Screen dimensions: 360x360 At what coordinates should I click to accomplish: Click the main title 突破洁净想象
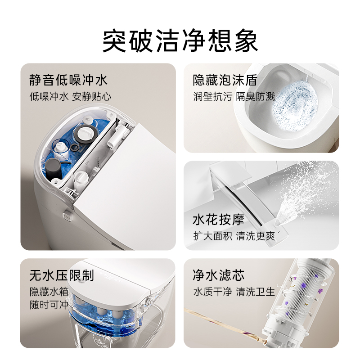point(180,41)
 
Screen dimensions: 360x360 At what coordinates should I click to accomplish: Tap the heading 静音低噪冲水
point(68,80)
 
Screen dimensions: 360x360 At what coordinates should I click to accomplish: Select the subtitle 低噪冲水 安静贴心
point(70,96)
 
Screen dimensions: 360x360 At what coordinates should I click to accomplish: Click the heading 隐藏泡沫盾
point(225,80)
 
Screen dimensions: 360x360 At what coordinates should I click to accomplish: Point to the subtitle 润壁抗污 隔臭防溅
point(234,96)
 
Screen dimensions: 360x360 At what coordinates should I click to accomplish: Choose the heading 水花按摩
point(218,220)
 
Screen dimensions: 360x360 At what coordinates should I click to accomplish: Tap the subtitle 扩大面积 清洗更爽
point(234,236)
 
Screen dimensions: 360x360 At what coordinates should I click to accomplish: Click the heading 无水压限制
point(62,275)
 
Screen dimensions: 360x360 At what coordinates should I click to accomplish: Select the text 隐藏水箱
point(49,292)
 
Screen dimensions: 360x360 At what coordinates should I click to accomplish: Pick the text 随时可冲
point(49,305)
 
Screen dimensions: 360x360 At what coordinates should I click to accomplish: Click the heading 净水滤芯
point(218,275)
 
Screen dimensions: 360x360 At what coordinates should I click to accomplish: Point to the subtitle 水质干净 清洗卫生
point(234,292)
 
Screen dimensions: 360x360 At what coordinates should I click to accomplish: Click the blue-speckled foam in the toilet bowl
point(295,105)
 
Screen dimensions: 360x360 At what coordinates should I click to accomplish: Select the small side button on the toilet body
point(67,216)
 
